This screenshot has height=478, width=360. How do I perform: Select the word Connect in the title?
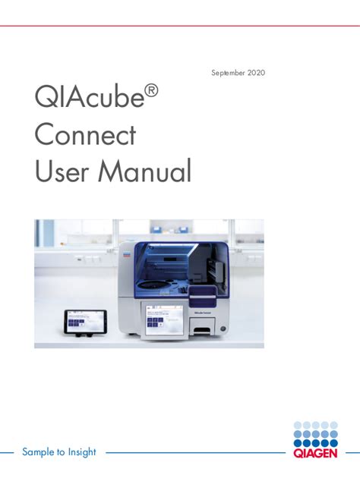tap(85, 136)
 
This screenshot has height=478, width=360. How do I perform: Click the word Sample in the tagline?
tap(38, 452)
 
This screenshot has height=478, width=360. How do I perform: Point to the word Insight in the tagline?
tap(81, 452)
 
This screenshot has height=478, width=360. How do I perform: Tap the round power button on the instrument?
tap(223, 327)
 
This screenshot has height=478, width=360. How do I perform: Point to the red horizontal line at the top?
tap(180, 25)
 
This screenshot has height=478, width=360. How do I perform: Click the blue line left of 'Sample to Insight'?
tap(8, 452)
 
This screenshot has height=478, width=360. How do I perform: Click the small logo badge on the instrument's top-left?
tap(127, 257)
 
